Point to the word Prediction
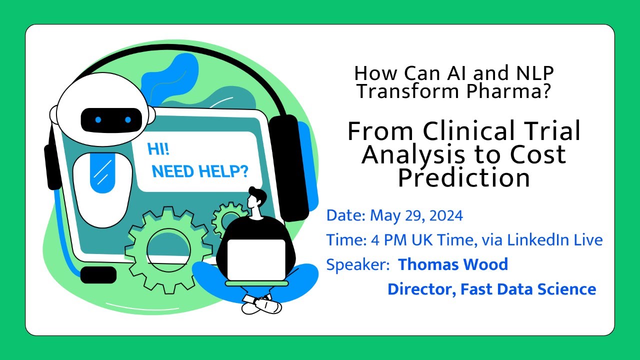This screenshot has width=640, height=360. click(x=464, y=177)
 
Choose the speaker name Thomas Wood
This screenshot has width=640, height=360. click(x=452, y=264)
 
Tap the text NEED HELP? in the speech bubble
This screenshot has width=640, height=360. click(x=200, y=172)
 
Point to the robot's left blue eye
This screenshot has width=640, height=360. click(x=98, y=120)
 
